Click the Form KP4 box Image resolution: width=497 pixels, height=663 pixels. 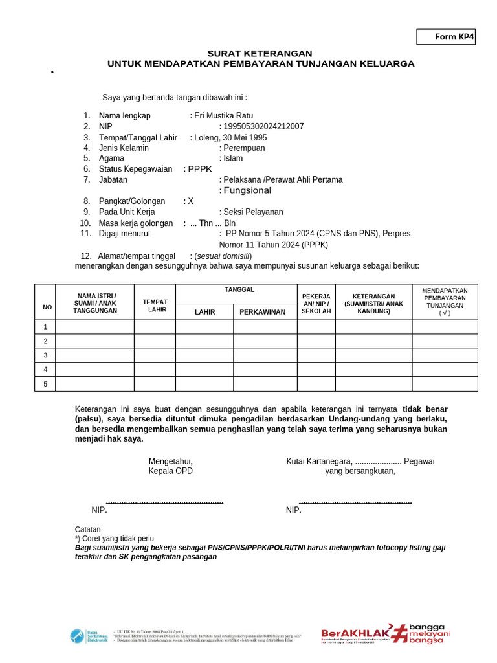pyautogui.click(x=446, y=37)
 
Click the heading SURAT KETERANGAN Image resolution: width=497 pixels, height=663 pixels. pyautogui.click(x=260, y=53)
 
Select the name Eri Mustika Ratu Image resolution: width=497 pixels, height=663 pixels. pyautogui.click(x=223, y=115)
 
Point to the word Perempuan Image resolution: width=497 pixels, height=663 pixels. pyautogui.click(x=244, y=148)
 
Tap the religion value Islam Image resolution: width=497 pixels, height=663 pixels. pyautogui.click(x=233, y=158)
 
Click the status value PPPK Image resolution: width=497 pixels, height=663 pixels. pyautogui.click(x=200, y=169)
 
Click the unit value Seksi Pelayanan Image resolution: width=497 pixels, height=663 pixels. pyautogui.click(x=253, y=212)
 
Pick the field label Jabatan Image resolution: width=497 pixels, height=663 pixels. pyautogui.click(x=113, y=179)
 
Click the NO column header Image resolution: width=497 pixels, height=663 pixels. pyautogui.click(x=47, y=307)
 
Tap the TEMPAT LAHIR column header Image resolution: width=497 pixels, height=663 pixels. pyautogui.click(x=155, y=306)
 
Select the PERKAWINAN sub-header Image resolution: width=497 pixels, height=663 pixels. pyautogui.click(x=263, y=312)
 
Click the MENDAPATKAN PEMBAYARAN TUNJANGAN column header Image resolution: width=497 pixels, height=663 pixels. pyautogui.click(x=445, y=302)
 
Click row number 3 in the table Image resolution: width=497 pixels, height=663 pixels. pyautogui.click(x=45, y=355)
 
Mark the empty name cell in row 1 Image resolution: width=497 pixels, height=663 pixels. pyautogui.click(x=95, y=327)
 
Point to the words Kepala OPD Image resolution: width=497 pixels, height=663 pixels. pyautogui.click(x=171, y=471)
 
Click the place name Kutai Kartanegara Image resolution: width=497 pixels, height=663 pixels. pyautogui.click(x=320, y=461)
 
